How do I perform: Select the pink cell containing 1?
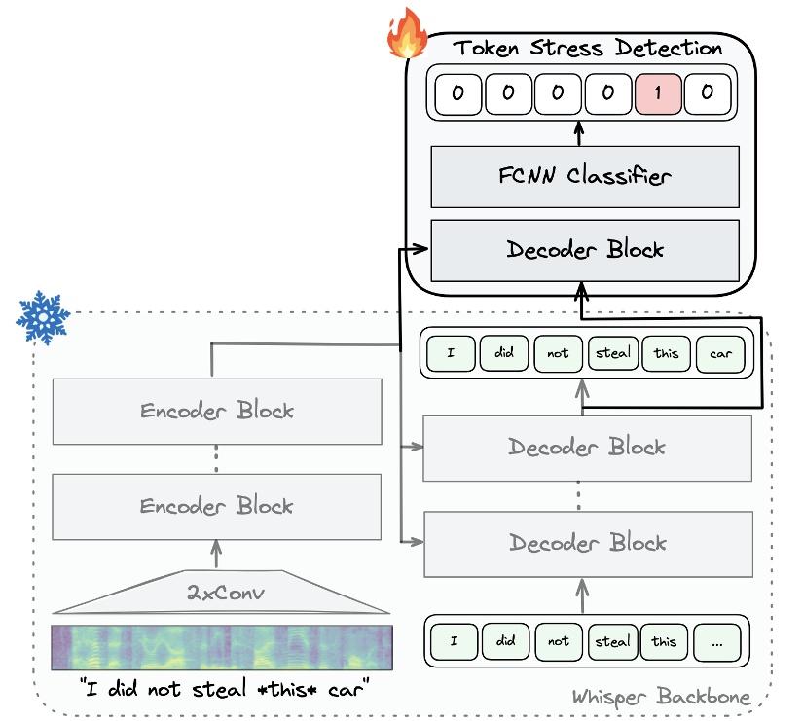pos(658,94)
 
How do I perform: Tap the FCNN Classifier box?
pos(585,176)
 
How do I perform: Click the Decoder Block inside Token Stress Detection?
pos(585,249)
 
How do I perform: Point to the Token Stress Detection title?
pos(589,48)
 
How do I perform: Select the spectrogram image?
pos(222,646)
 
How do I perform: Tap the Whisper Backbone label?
pos(661,697)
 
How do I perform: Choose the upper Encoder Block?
pos(216,410)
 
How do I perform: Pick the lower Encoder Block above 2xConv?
pos(216,506)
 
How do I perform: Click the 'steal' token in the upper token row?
pos(613,353)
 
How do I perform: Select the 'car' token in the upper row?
pos(720,353)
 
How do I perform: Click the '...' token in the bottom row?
pos(717,641)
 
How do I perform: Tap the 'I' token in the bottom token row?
pos(453,641)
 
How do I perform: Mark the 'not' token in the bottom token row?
pos(559,641)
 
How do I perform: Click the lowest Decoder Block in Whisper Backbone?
pos(587,542)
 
